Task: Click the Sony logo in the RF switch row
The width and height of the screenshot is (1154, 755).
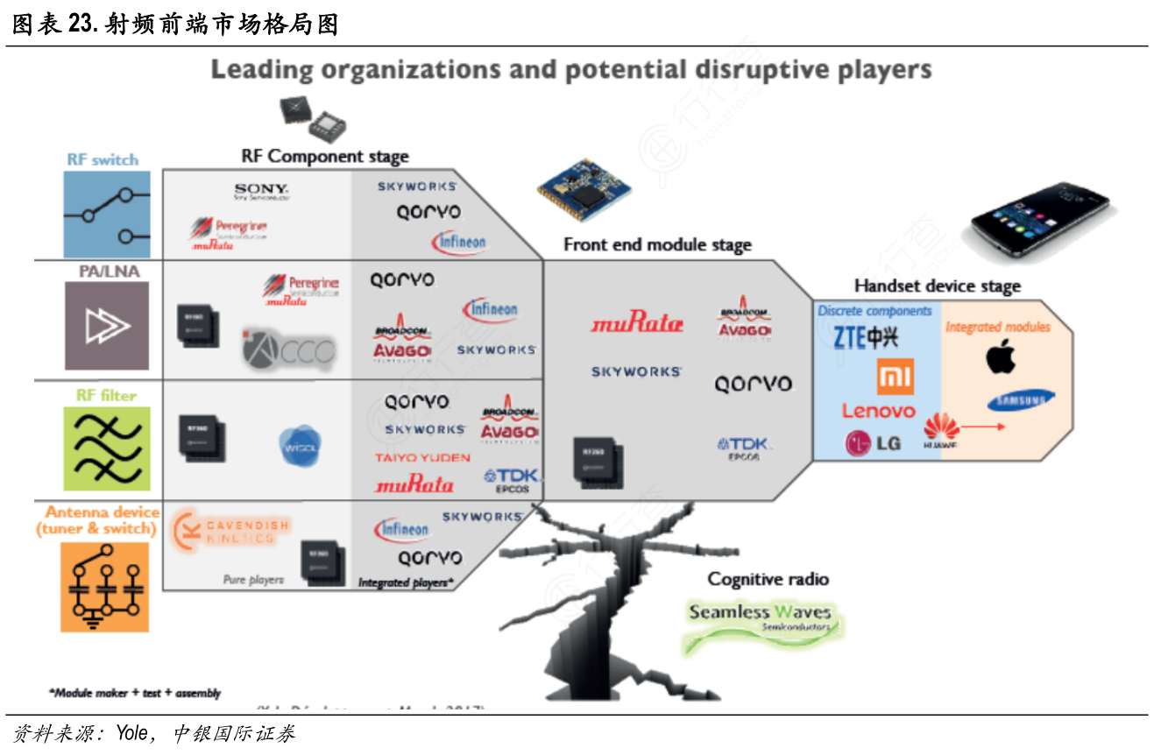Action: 260,191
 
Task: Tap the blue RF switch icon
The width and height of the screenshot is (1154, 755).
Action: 107,214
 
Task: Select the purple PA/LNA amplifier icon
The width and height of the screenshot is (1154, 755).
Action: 107,326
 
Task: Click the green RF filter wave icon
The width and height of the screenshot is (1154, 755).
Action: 107,448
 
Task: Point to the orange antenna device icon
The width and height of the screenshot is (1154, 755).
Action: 104,586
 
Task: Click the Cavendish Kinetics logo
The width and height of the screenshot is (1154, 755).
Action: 231,531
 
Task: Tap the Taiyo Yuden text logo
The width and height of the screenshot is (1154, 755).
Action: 422,457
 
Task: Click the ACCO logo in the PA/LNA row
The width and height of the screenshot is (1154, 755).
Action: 289,350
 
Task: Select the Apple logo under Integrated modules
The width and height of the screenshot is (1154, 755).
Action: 1000,356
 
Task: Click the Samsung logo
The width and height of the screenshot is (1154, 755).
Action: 1020,400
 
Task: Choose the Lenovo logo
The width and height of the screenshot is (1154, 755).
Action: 878,411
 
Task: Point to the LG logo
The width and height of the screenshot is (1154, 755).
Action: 873,443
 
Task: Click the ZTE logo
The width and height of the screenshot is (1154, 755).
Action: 866,338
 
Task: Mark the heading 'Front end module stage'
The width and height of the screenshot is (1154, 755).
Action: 657,244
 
